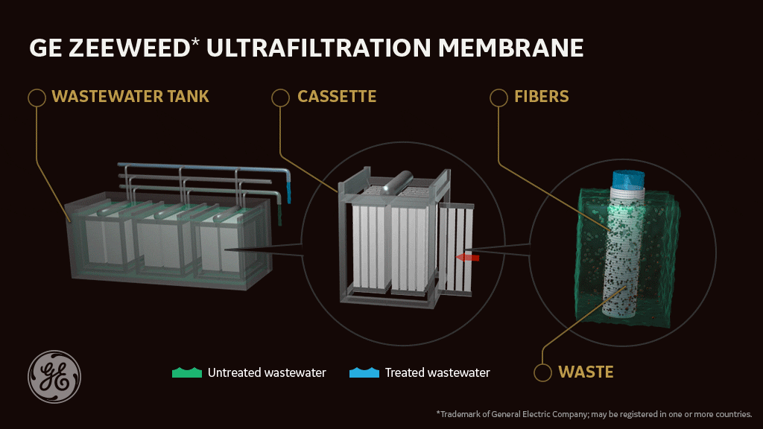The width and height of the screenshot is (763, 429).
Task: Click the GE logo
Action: coord(54,377)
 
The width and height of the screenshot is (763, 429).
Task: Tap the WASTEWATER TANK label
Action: coord(130,97)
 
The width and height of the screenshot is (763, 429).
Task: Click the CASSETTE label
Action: coord(336,97)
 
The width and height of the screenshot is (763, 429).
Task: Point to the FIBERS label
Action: coord(541,97)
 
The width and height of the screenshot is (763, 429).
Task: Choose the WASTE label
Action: coord(586,372)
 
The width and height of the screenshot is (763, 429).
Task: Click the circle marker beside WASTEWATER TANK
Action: coord(35,97)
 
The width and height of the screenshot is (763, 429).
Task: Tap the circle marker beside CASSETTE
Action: coord(280,97)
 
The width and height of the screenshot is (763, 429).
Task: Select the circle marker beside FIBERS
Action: coord(498,97)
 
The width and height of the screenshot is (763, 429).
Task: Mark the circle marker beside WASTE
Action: coord(544,371)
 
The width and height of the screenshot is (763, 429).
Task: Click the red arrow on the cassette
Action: coord(467,257)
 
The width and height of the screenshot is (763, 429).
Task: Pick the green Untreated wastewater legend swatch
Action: coord(186,372)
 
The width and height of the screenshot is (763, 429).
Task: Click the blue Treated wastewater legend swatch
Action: coord(364,372)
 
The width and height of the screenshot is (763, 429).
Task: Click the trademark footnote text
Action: coord(594,413)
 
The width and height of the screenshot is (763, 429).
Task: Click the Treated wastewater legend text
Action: coord(437,372)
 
